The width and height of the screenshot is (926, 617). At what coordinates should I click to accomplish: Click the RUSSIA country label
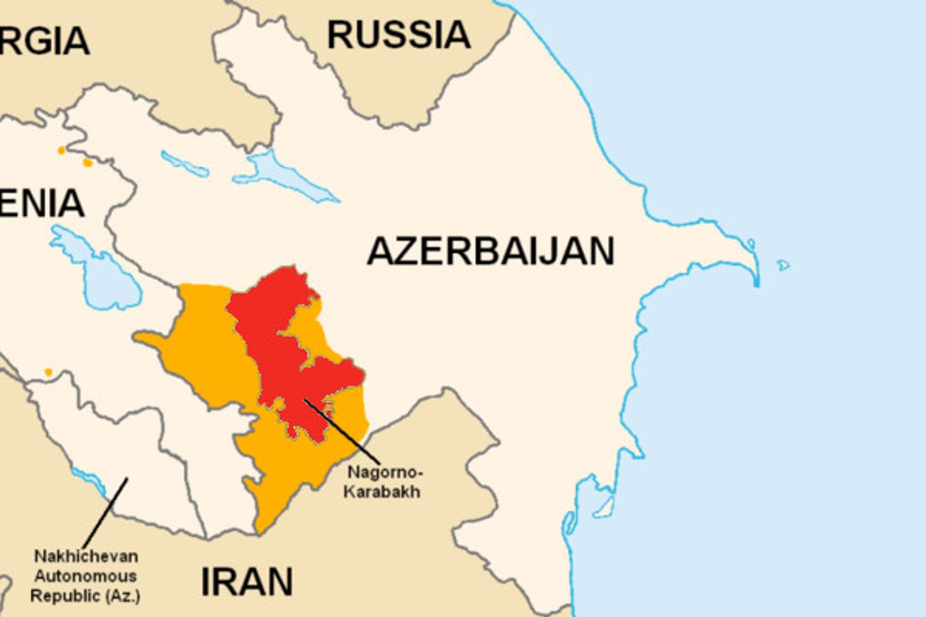[x=398, y=35]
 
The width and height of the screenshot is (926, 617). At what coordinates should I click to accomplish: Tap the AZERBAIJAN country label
[x=491, y=251]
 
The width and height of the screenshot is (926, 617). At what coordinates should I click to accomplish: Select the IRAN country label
[x=247, y=581]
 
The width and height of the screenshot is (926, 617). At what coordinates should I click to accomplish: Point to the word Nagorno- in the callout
[x=385, y=473]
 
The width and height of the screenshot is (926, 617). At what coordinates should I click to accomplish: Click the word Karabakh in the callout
[x=382, y=492]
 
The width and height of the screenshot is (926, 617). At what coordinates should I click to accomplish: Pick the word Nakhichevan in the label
[x=86, y=556]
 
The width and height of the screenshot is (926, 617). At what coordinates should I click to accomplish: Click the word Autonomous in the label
[x=85, y=576]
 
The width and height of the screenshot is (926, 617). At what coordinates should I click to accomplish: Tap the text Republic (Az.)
[x=85, y=596]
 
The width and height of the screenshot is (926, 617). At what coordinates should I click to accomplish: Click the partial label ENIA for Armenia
[x=42, y=204]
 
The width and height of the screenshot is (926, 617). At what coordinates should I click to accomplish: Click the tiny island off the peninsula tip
[x=783, y=265]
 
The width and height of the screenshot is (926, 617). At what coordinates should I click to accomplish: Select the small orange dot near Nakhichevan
[x=48, y=372]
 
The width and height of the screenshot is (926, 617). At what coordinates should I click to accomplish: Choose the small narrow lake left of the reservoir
[x=184, y=164]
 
